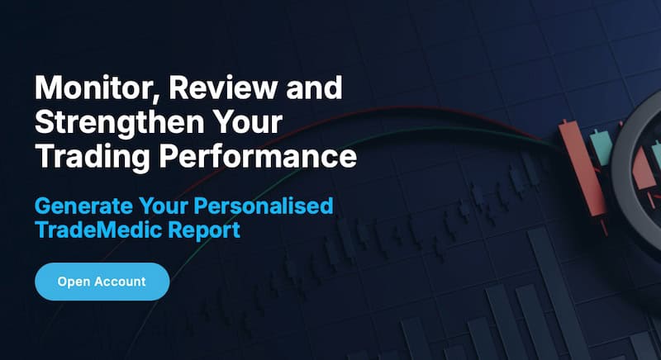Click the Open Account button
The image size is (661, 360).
[x=102, y=282]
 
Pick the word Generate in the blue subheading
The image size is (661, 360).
[x=85, y=205]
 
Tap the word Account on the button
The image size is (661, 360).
[x=119, y=282]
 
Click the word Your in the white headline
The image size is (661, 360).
[x=247, y=121]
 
